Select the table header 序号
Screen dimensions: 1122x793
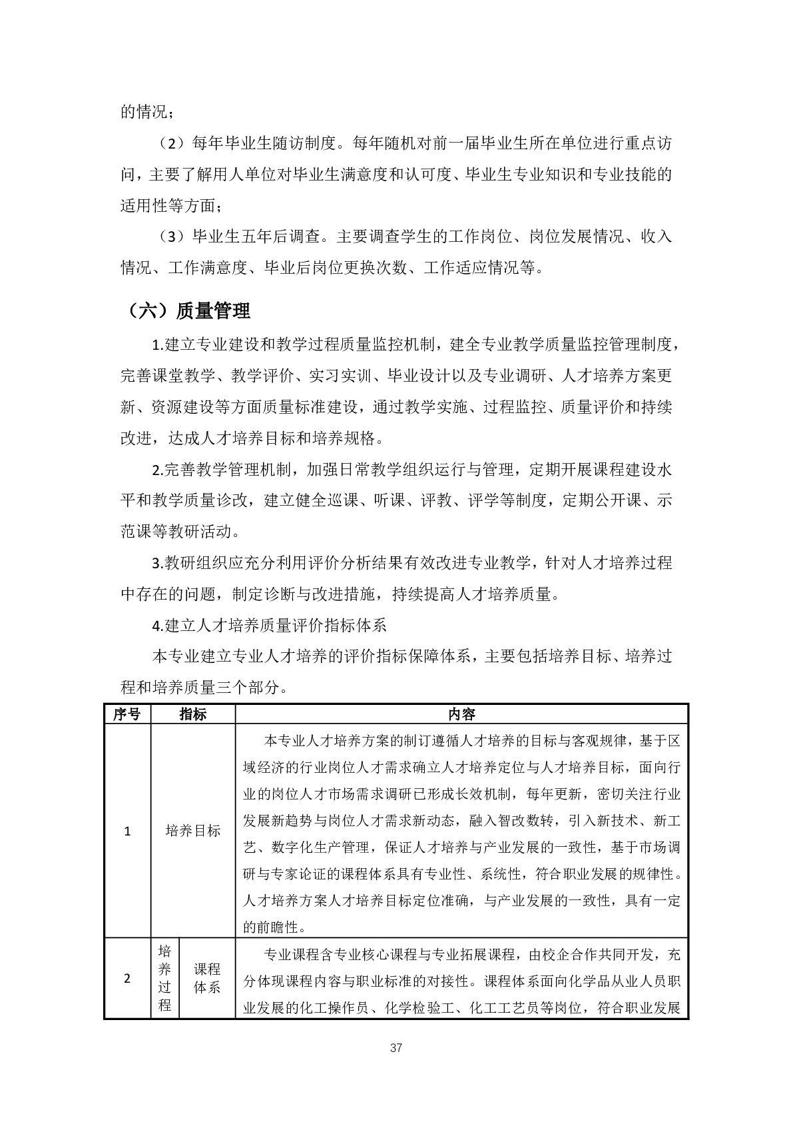pyautogui.click(x=127, y=714)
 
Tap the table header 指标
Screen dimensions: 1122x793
pyautogui.click(x=193, y=714)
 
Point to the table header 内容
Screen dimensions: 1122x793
pyautogui.click(x=461, y=714)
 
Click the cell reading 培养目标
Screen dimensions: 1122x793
pyautogui.click(x=193, y=831)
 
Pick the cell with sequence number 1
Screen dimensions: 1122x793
pyautogui.click(x=128, y=831)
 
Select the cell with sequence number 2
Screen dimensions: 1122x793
pyautogui.click(x=128, y=979)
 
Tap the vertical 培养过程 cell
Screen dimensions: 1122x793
pyautogui.click(x=165, y=979)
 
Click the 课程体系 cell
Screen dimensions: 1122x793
pyautogui.click(x=207, y=979)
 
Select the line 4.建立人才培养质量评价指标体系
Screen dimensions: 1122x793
pyautogui.click(x=270, y=626)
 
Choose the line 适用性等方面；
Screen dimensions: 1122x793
pyautogui.click(x=174, y=206)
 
